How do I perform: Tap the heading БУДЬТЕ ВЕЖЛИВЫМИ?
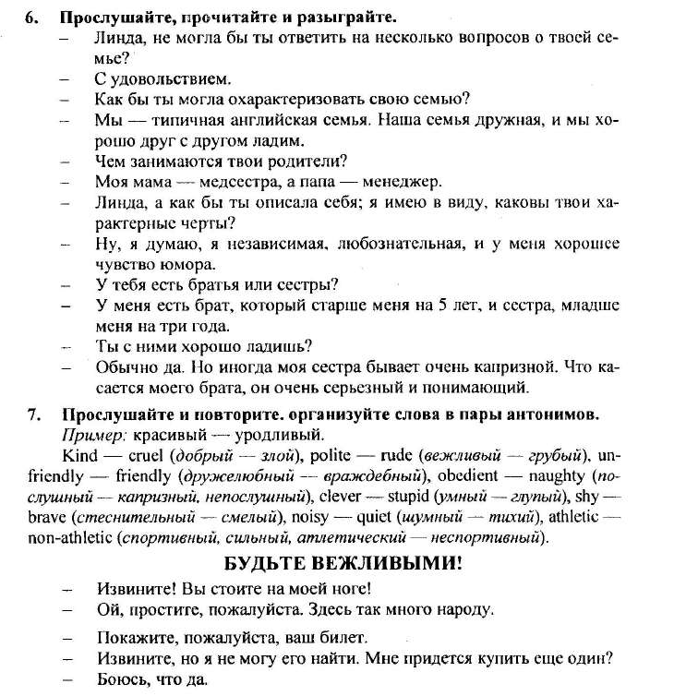(x=342, y=562)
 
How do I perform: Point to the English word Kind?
(x=80, y=456)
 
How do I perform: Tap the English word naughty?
(x=557, y=477)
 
